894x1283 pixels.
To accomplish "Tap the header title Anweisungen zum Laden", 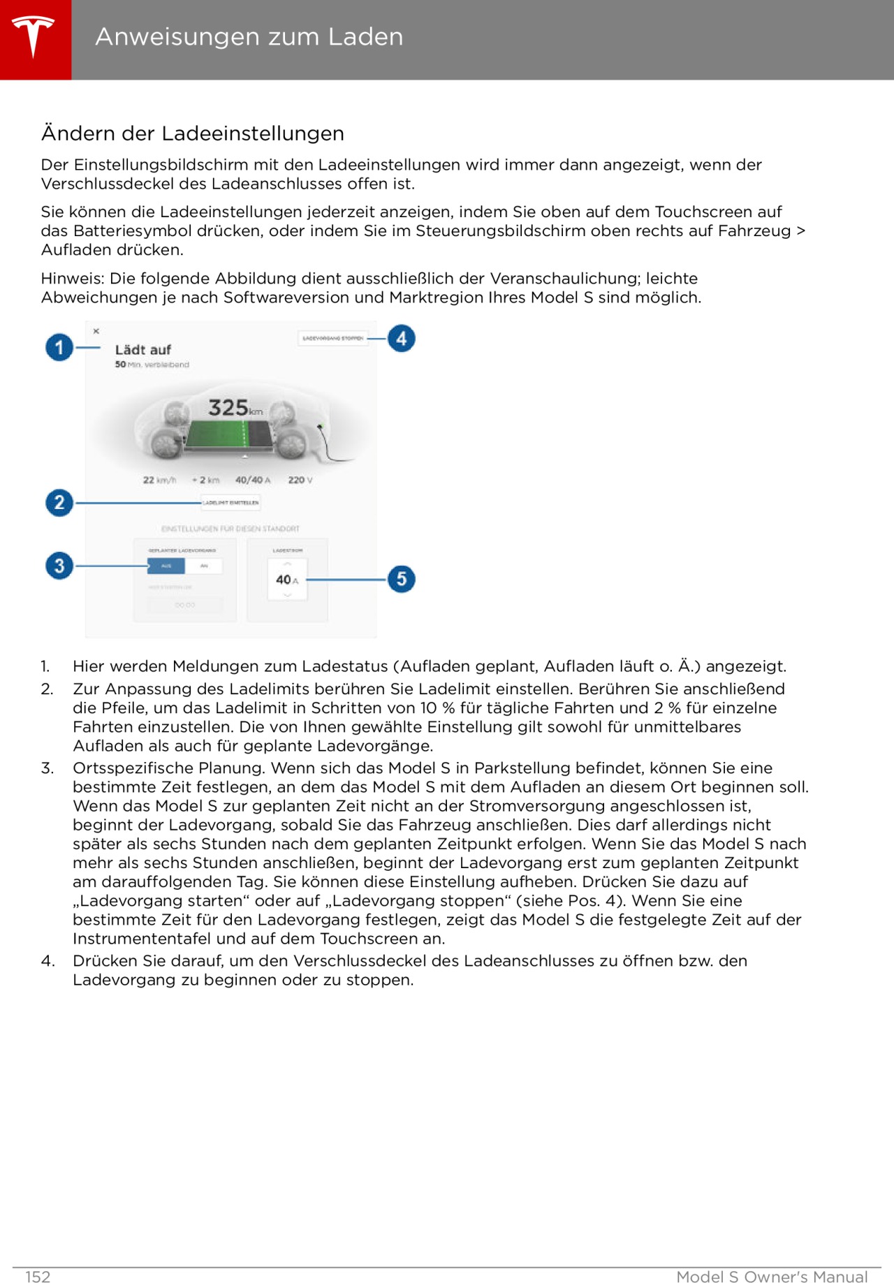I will coord(249,37).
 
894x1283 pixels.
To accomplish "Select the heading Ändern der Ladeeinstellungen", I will coord(192,133).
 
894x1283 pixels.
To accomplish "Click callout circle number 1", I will coord(59,347).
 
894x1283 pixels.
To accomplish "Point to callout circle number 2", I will coord(59,503).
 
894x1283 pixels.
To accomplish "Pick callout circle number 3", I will coord(59,566).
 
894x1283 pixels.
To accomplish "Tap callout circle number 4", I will coord(402,339).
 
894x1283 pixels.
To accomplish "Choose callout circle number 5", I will coord(402,579).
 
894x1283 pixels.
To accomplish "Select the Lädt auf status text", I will coord(142,350).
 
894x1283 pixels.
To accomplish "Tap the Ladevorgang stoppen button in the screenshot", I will coord(333,339).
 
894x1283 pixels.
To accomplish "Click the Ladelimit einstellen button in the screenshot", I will coord(230,502).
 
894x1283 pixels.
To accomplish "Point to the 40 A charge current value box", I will coord(287,580).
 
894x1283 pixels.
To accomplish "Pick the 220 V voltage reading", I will coord(300,481).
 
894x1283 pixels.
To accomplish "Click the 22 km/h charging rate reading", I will coord(159,481).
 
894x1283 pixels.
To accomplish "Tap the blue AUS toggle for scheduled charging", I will coord(166,566).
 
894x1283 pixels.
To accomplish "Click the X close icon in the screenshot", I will coord(96,331).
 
